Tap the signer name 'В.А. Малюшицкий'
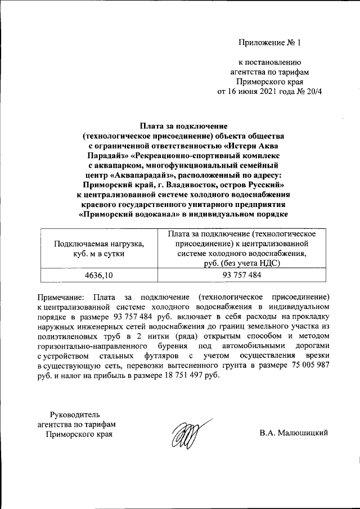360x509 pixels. pyautogui.click(x=293, y=433)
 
